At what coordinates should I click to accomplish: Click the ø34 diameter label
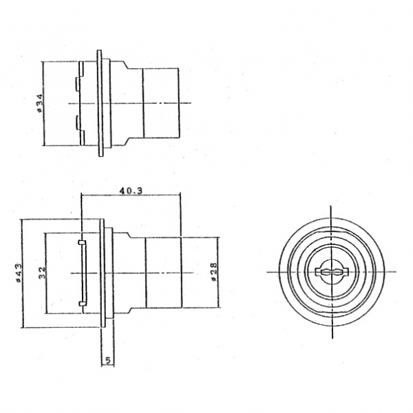pos(39,103)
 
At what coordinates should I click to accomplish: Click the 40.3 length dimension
pos(131,191)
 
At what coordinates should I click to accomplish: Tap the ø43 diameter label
pos(19,273)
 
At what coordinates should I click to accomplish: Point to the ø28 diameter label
pos(213,272)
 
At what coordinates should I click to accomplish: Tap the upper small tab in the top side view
pos(77,84)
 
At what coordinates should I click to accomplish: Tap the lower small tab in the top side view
pos(77,123)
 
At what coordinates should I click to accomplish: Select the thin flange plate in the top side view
pos(100,103)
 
